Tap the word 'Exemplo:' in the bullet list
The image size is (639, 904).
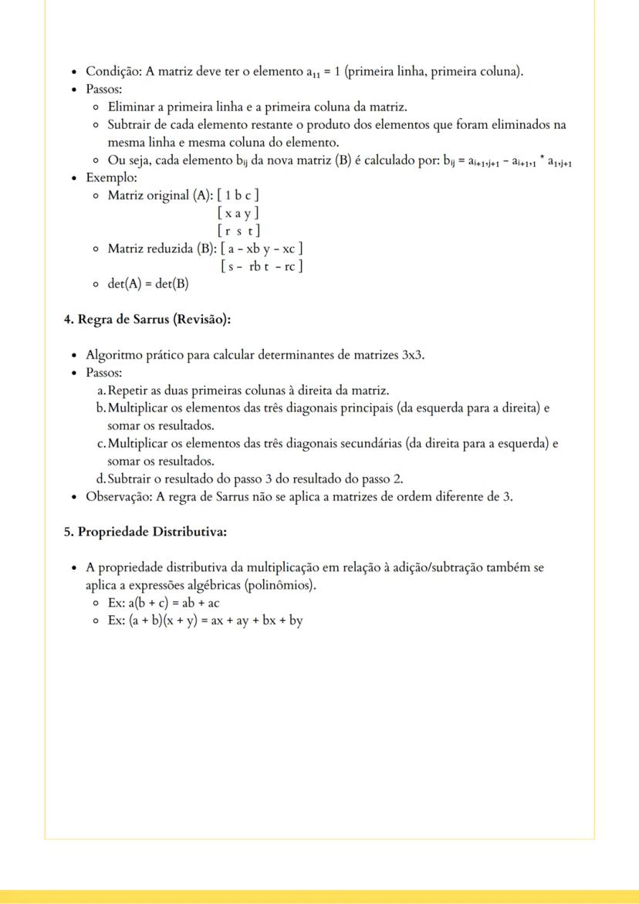tap(112, 177)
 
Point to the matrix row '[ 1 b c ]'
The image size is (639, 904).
tap(238, 195)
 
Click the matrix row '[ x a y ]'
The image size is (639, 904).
tap(238, 212)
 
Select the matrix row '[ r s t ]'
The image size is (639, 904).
tap(238, 230)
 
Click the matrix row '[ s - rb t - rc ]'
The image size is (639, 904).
tap(261, 266)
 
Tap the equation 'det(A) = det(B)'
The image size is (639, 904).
tap(148, 283)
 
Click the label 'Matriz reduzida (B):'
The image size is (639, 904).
tap(162, 248)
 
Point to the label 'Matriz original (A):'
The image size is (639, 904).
tap(160, 195)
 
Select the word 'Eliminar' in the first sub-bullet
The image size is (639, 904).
tap(132, 107)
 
